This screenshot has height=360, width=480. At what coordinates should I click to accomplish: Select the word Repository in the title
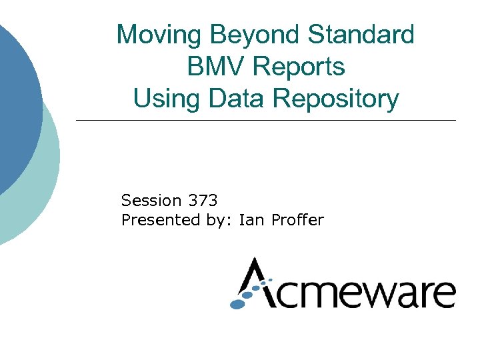[336, 99]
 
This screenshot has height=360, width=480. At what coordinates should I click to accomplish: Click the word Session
[151, 200]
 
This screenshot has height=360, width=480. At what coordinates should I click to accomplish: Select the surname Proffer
[297, 220]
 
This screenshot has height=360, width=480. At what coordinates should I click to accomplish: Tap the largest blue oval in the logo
[238, 303]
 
